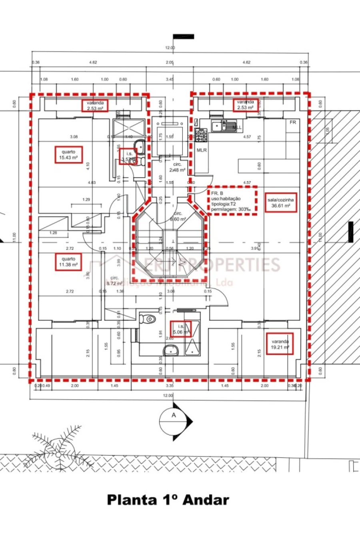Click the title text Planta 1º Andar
[168, 500]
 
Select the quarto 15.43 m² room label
[69, 155]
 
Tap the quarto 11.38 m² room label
[68, 262]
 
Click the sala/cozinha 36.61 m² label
[280, 203]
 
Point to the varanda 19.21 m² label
[280, 344]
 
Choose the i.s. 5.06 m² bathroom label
[181, 329]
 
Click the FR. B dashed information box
[232, 201]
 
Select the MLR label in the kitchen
[202, 150]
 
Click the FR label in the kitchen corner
[293, 122]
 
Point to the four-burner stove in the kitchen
[201, 135]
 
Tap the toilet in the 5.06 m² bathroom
[148, 319]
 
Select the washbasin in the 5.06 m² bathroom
[171, 351]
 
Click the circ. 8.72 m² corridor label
[114, 280]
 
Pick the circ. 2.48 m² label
[177, 167]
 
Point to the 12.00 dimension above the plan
[170, 48]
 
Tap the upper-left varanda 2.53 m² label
[95, 105]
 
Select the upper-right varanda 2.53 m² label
[245, 105]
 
